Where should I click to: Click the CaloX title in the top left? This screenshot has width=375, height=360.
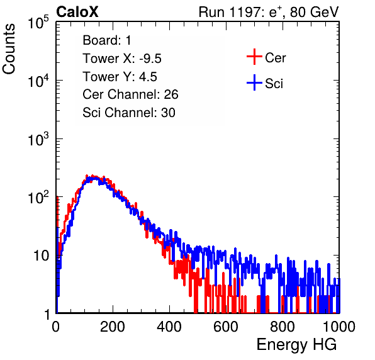(77, 12)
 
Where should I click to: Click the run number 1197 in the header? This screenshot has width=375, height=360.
(246, 12)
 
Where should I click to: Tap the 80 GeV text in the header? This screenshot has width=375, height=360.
(315, 12)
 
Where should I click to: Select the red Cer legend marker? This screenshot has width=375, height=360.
(254, 57)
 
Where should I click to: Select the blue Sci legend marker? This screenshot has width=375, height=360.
(254, 82)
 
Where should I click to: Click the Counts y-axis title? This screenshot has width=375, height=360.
(9, 49)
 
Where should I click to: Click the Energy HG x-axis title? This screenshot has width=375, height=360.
(296, 345)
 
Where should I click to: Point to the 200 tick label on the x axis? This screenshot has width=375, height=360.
(113, 327)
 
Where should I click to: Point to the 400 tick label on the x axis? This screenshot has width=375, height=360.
(169, 327)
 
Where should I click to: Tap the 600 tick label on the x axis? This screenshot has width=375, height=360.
(226, 327)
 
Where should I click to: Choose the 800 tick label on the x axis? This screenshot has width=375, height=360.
(283, 327)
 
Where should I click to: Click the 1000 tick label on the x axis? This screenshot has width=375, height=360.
(339, 327)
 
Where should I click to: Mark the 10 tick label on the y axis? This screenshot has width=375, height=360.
(41, 256)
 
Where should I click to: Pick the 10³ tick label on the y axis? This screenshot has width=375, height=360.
(38, 138)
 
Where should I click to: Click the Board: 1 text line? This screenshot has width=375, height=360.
(107, 40)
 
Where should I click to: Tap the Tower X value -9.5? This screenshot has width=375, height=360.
(150, 59)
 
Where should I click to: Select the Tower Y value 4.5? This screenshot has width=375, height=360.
(148, 77)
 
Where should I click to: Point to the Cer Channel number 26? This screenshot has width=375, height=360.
(171, 94)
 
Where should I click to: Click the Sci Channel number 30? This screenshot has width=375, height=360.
(168, 113)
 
